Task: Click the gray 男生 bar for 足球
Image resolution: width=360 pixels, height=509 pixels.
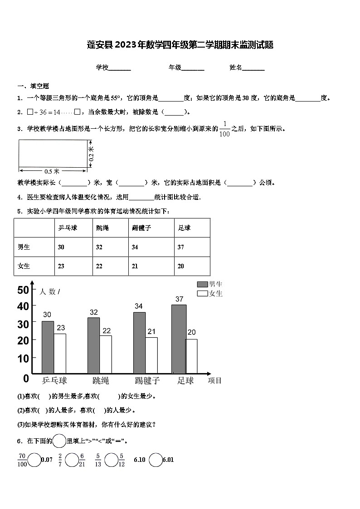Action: (179, 339)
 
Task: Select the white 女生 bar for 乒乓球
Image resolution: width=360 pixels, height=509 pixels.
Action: (60, 353)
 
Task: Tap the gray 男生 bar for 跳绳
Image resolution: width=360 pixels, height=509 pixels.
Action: (93, 345)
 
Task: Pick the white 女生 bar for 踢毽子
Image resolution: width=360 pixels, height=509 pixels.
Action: (151, 355)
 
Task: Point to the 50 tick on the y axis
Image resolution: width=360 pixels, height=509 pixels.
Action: (23, 290)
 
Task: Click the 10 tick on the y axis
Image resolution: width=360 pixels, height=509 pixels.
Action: (23, 358)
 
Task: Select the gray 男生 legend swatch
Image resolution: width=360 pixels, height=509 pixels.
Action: (202, 284)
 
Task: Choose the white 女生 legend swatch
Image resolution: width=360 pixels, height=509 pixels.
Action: (202, 294)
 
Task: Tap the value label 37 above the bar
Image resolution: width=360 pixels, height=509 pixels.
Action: (179, 299)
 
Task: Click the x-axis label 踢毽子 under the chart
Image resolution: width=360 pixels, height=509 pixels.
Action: (147, 380)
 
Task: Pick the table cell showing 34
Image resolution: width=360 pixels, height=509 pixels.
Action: (135, 247)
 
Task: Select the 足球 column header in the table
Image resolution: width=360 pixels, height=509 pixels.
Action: (184, 228)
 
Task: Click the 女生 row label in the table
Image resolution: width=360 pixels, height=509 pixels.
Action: (24, 266)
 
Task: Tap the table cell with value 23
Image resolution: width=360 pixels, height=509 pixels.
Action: (61, 266)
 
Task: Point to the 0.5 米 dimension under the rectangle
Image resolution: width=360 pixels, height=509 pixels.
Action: (52, 171)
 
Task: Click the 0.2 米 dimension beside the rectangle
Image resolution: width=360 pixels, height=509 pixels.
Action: (91, 154)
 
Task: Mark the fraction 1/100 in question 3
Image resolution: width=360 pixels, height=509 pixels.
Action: (224, 129)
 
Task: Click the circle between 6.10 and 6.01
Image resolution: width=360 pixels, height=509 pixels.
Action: (156, 460)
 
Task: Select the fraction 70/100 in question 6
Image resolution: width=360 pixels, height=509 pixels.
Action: (22, 460)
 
